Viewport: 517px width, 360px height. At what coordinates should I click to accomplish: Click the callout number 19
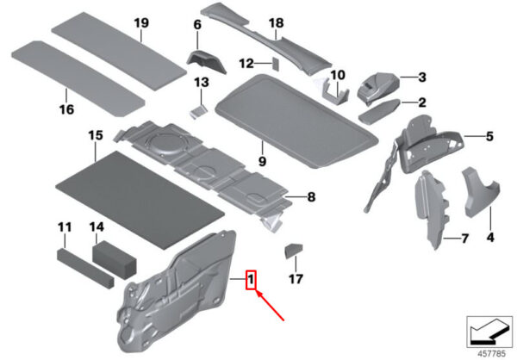click(x=141, y=23)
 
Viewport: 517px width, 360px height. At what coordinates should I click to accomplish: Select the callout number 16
click(x=66, y=109)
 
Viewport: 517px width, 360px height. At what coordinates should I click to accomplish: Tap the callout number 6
click(x=197, y=25)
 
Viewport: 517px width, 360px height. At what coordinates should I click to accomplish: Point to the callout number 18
click(x=276, y=23)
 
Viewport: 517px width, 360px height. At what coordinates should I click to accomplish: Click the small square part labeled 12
click(x=276, y=64)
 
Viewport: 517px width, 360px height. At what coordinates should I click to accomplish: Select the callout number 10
click(x=338, y=75)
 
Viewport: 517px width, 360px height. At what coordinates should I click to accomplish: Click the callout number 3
click(x=422, y=78)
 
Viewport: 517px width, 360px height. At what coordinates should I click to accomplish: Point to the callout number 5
click(x=489, y=136)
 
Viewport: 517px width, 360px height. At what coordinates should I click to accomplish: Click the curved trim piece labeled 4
click(x=481, y=192)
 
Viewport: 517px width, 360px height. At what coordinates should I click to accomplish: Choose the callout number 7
click(x=464, y=238)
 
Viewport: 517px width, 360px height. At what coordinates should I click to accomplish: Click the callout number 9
click(x=262, y=162)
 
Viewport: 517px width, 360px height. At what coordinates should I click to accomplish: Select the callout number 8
click(x=311, y=197)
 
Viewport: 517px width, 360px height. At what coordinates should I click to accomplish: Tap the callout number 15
click(x=96, y=135)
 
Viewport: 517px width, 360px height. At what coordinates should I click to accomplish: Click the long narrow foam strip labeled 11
click(x=85, y=269)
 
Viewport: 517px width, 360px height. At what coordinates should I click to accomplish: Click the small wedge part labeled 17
click(x=293, y=251)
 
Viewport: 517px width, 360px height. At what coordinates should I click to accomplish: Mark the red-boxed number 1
click(x=251, y=280)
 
